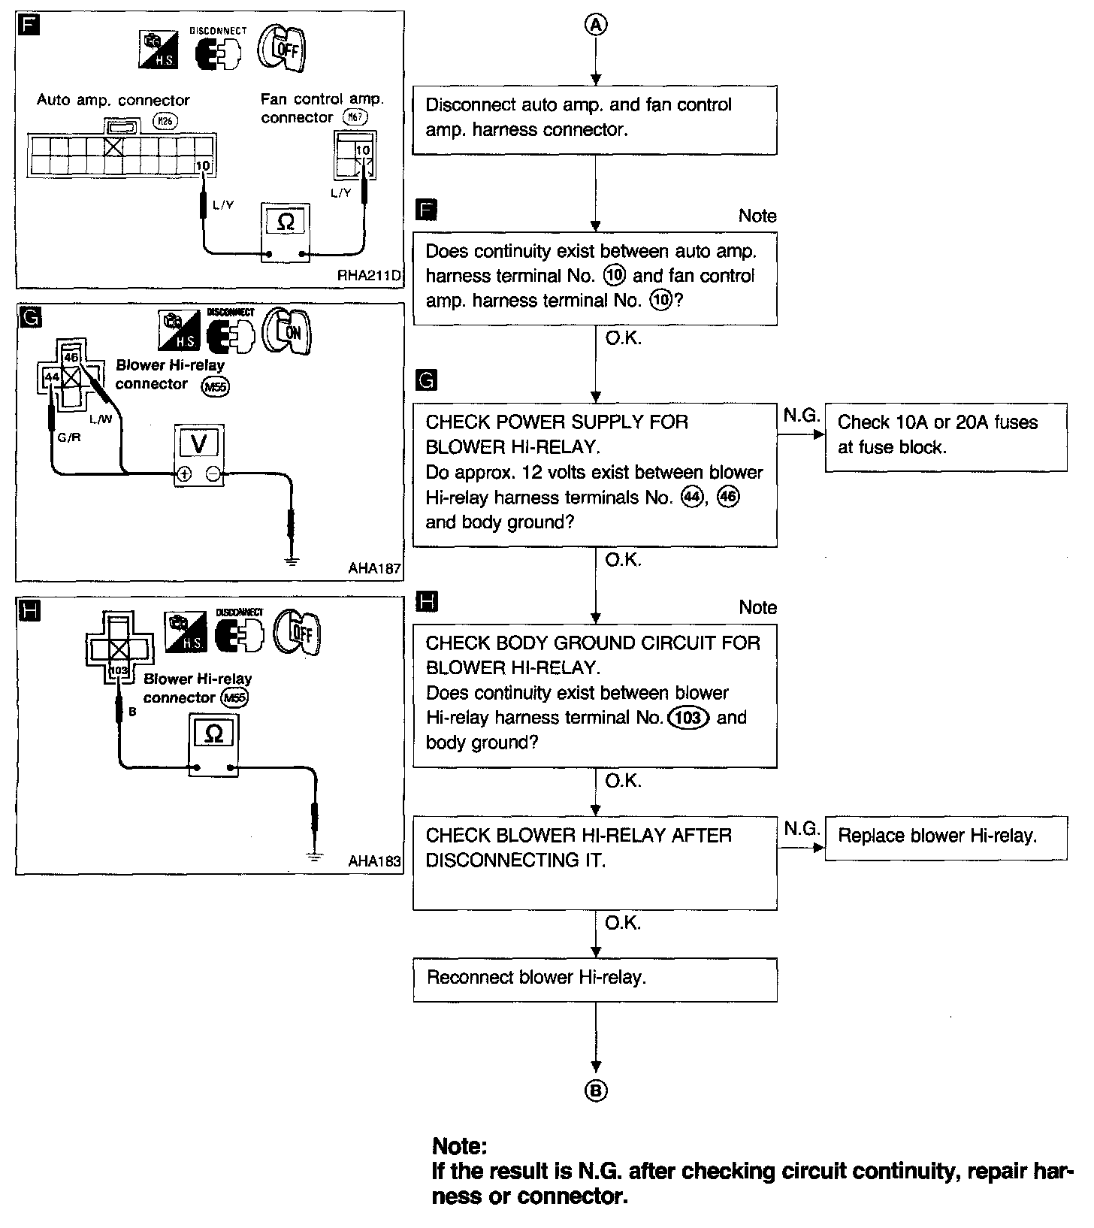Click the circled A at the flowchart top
pos(595,25)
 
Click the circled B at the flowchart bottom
pos(596,1091)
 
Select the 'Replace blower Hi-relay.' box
pos(945,837)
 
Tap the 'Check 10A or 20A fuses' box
pos(945,436)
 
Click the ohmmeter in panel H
pos(213,743)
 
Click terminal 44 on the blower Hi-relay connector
pos(52,376)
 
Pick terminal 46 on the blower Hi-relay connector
pos(71,357)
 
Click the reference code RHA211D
pos(370,276)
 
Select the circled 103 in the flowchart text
pos(688,718)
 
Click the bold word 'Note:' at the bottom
pos(460,1147)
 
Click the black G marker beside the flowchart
pos(426,381)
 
